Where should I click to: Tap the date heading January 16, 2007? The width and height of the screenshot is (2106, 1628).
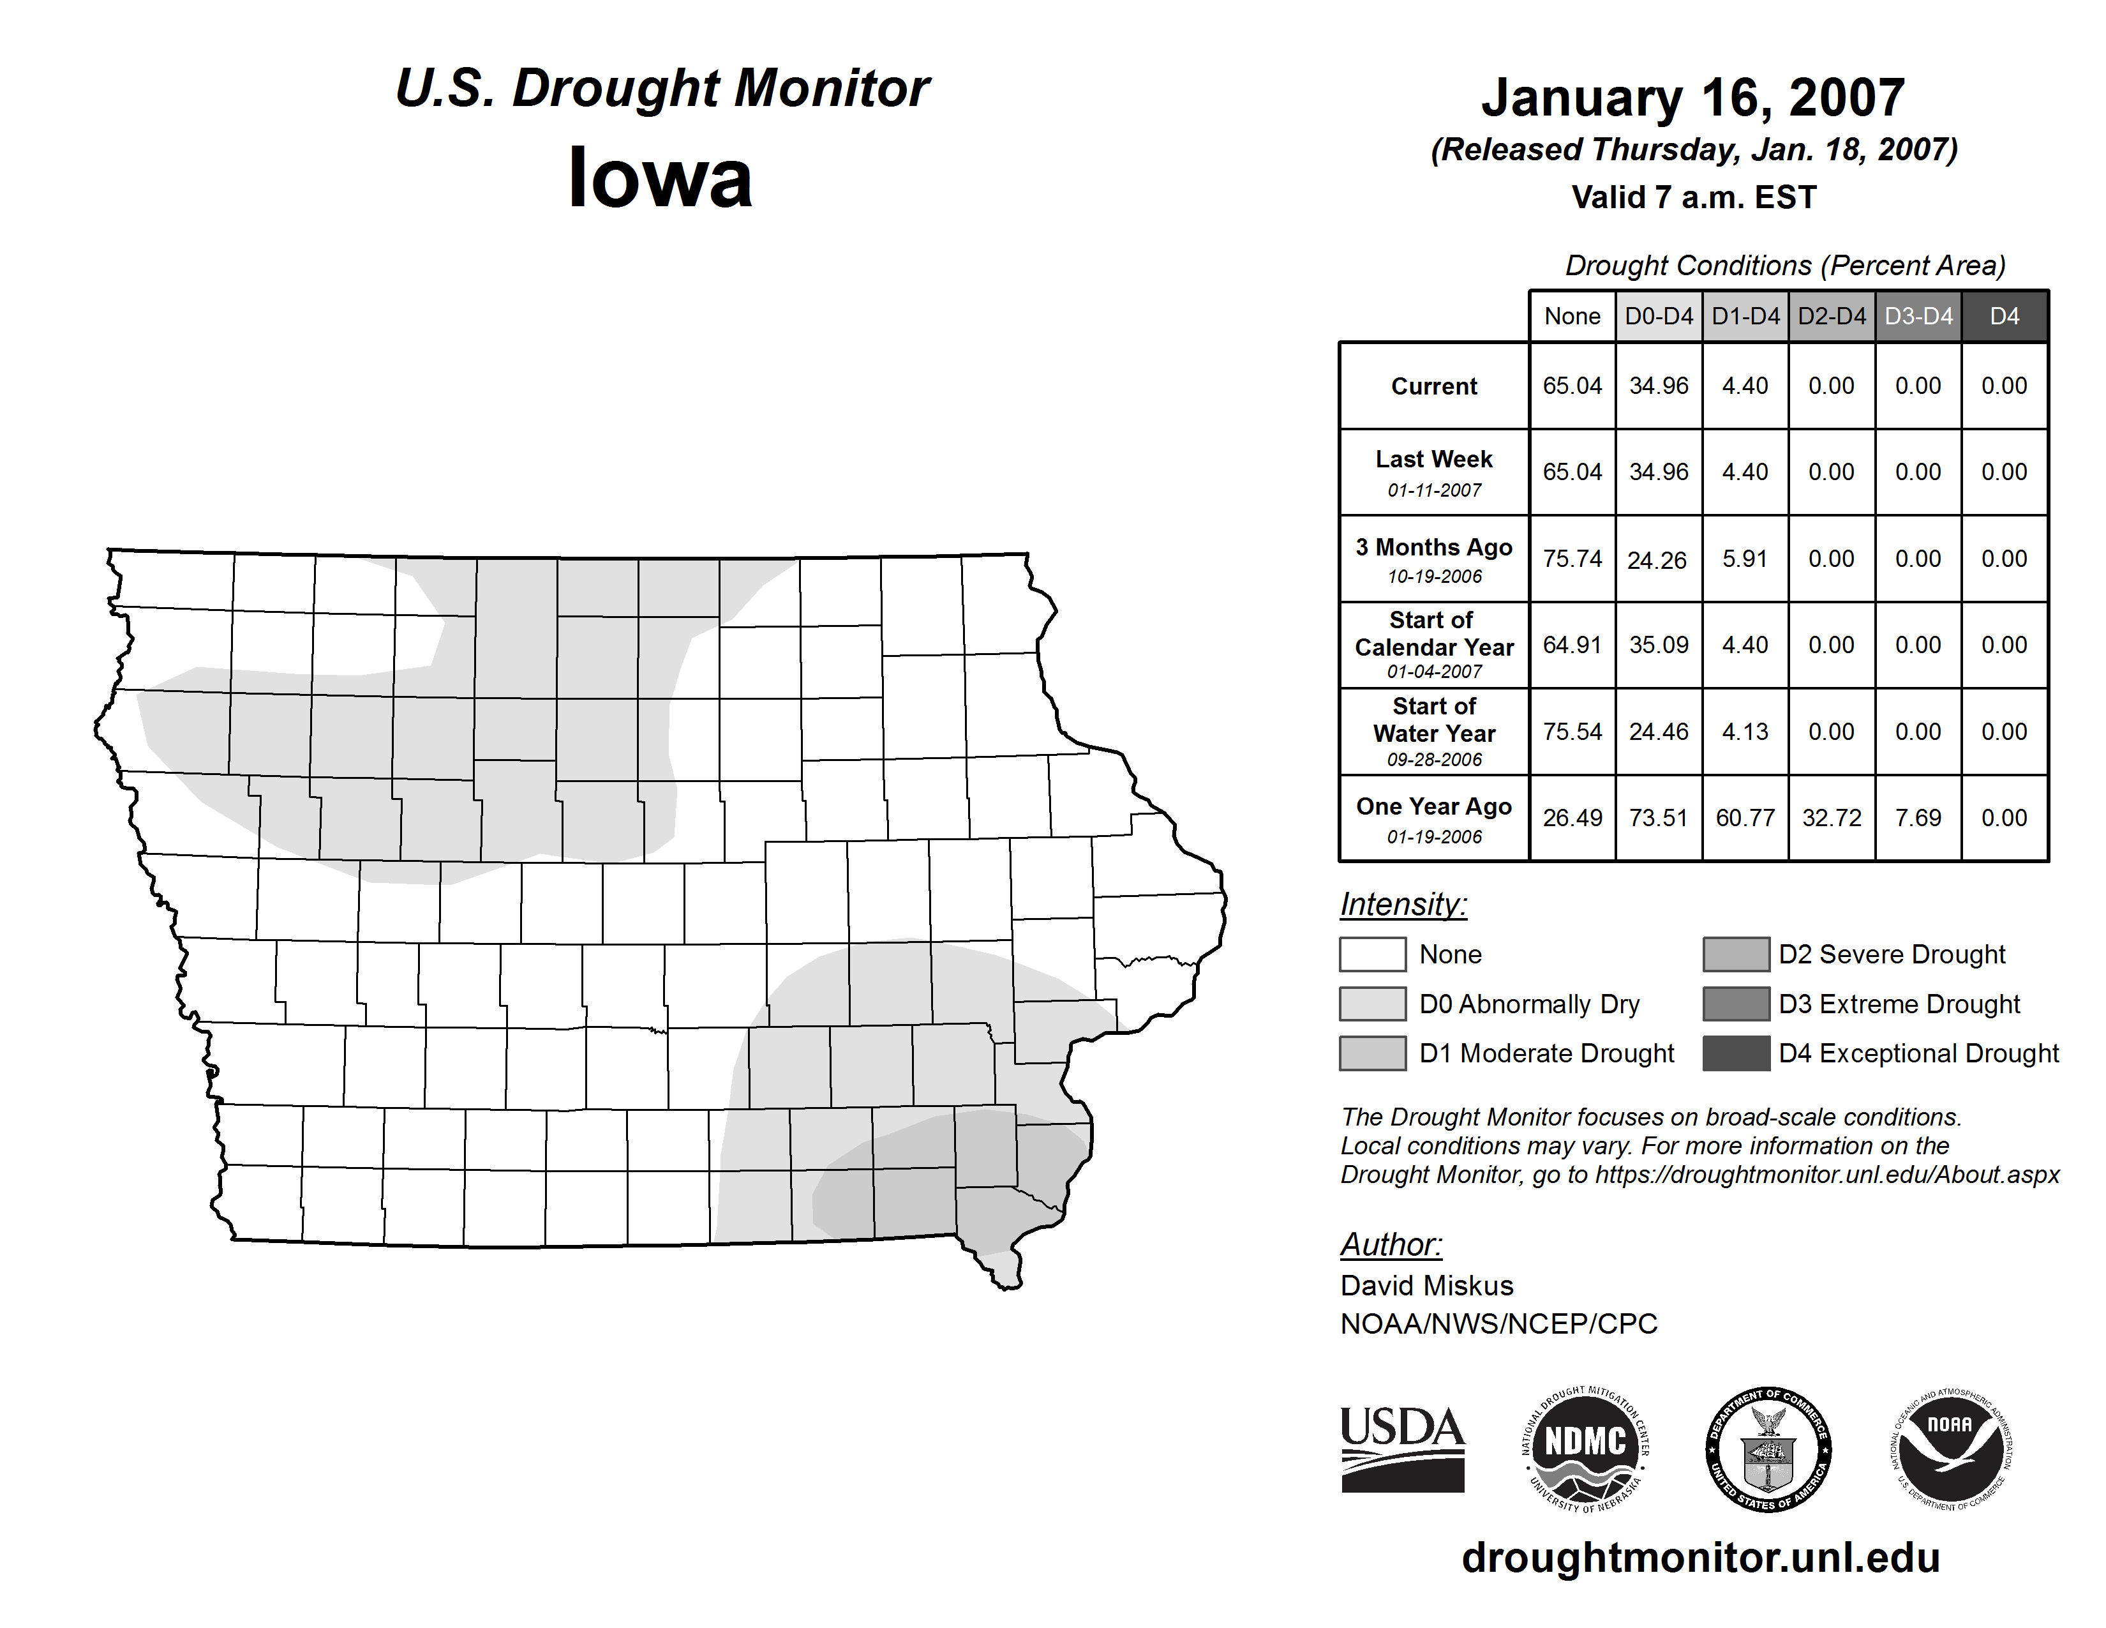[1692, 98]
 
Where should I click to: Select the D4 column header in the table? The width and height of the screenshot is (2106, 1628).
[2004, 316]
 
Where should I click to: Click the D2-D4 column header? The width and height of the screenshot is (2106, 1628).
[1831, 316]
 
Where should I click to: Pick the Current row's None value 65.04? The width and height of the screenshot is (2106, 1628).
[1572, 386]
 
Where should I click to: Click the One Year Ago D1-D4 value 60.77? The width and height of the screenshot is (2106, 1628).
[1744, 818]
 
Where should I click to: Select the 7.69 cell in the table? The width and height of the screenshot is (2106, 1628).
[1917, 818]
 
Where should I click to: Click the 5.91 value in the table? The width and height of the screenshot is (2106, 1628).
[1744, 559]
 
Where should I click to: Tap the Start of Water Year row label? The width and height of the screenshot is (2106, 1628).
[1434, 732]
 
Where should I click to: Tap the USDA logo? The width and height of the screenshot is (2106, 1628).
[1402, 1449]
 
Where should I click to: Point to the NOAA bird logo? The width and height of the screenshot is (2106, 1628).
[1951, 1449]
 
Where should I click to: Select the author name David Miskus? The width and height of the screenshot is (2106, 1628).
[1426, 1286]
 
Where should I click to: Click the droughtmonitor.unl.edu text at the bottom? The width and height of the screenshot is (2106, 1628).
[1701, 1558]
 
